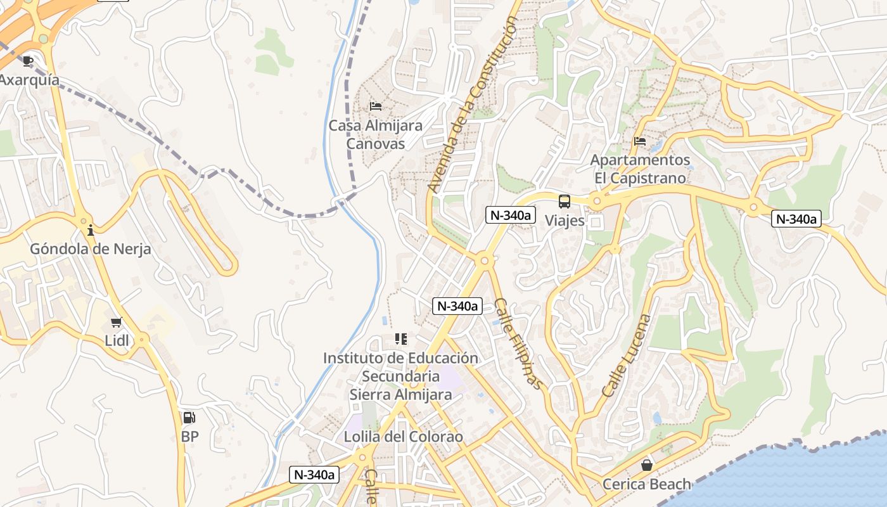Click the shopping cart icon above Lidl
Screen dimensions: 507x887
(116, 323)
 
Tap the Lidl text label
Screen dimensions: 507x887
(117, 341)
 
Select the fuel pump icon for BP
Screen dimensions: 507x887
(189, 418)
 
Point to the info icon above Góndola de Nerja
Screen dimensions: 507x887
(91, 230)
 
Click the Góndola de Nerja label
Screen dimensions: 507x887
(91, 249)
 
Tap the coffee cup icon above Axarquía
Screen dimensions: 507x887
(27, 61)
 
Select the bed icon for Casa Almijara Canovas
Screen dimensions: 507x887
(376, 106)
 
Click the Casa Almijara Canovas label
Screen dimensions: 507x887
(375, 135)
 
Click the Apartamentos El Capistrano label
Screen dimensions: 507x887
(640, 169)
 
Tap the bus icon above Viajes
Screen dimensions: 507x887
(564, 202)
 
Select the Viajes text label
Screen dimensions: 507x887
(565, 221)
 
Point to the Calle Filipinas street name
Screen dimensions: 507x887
(518, 343)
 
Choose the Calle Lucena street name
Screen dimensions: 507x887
(626, 356)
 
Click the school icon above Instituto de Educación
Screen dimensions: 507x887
(400, 339)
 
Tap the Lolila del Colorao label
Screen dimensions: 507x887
(403, 437)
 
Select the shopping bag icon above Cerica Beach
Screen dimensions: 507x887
(646, 466)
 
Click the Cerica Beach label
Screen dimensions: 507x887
(646, 485)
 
